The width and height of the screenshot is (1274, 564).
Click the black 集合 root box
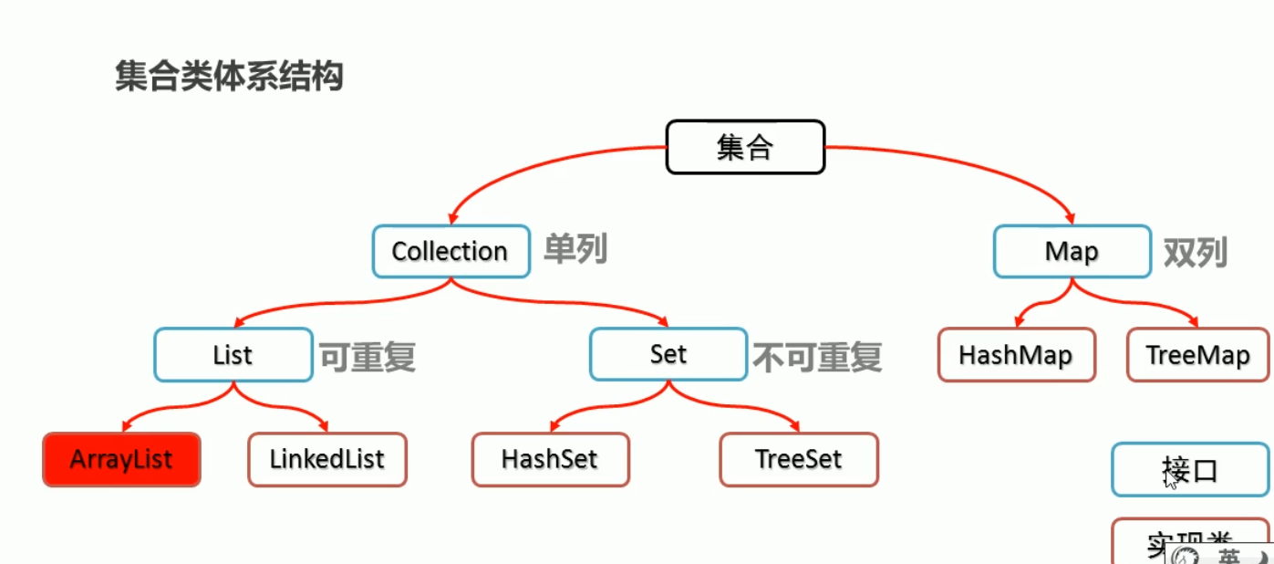745,147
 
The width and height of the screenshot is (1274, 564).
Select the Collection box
451,251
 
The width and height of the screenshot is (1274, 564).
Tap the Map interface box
1072,251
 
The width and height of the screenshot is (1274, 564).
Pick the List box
233,354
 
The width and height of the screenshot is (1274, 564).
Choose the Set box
668,354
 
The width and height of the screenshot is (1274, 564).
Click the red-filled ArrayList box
121,459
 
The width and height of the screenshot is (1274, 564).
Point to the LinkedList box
327,459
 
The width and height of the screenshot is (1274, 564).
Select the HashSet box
551,459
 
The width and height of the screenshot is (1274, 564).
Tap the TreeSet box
799,459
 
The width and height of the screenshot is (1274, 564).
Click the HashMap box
1016,354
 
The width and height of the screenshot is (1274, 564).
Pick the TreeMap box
1197,354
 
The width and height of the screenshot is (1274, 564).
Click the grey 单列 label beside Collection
575,249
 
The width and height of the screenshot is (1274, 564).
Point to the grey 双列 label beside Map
1195,252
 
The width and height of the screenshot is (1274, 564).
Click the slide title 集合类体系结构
229,77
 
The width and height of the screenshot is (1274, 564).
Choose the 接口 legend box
1190,470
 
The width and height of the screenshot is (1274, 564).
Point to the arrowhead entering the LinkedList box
323,427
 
